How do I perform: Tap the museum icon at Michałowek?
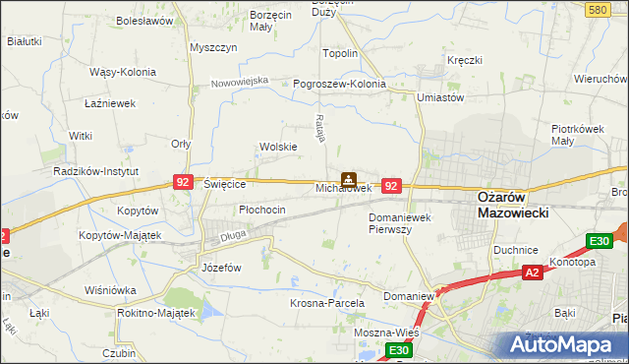coord(348,180)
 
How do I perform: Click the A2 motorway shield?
coord(532,273)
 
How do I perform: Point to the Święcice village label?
coord(224,184)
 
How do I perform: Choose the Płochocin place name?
coord(262,210)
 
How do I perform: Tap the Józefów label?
coord(221,267)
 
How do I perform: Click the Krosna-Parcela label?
coord(327,304)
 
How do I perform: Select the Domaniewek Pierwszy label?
coord(403,222)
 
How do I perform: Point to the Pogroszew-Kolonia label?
coord(340,84)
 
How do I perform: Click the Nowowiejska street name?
coord(239,81)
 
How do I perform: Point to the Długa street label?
coord(233,234)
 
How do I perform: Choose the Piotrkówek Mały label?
coord(576,134)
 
